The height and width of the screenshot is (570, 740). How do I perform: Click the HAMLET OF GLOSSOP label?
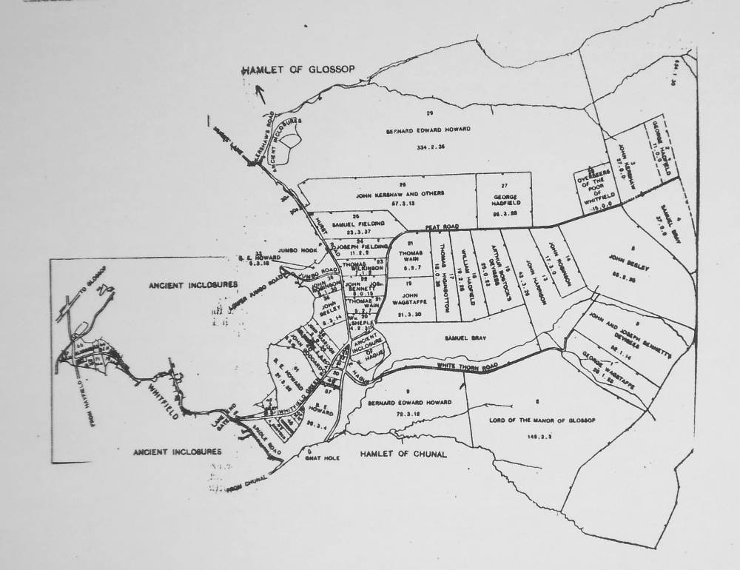tap(300, 70)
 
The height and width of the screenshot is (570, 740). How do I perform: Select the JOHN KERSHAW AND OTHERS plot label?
tap(400, 194)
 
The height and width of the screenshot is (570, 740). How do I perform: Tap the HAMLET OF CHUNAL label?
tap(403, 454)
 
